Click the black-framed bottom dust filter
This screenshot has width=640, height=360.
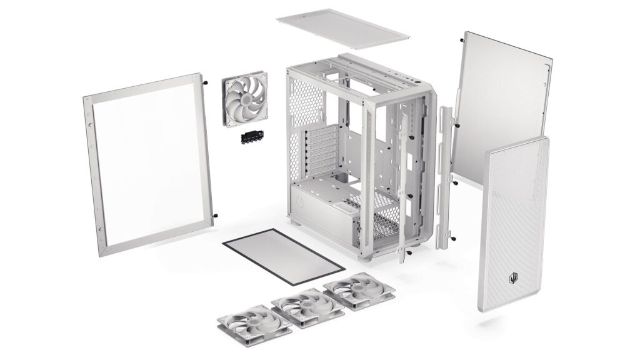[x=282, y=255]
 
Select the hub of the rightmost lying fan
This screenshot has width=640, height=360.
[x=357, y=289]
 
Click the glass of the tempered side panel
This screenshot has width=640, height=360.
[x=150, y=166]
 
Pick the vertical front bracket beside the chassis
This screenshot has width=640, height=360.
[x=445, y=178]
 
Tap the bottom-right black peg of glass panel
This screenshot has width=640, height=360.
[x=215, y=216]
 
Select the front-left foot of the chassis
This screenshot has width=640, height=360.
[x=296, y=223]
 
